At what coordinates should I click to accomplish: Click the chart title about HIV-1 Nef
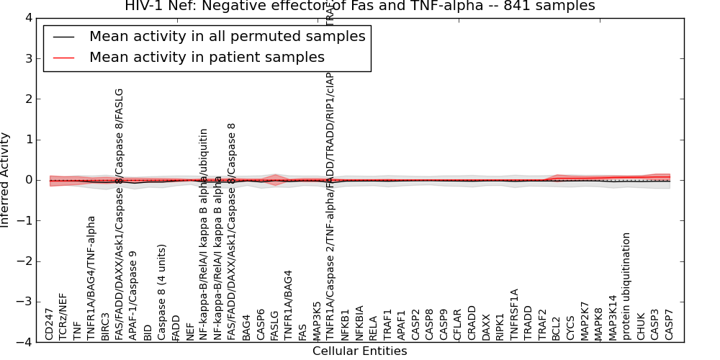(x=360, y=6)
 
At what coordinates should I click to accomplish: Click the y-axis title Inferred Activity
(x=6, y=180)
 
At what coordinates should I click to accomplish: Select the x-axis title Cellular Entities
(x=359, y=351)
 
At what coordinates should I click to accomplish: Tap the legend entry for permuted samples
(x=227, y=37)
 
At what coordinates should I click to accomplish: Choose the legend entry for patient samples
(x=207, y=57)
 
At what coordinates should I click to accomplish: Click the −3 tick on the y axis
(x=30, y=302)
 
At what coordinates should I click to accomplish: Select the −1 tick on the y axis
(x=30, y=221)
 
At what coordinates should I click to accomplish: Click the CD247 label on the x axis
(x=50, y=324)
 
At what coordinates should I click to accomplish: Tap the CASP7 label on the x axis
(x=670, y=325)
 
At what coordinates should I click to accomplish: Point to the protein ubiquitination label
(x=627, y=286)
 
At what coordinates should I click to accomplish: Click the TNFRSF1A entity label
(x=514, y=314)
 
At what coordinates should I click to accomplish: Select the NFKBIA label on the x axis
(x=359, y=321)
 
